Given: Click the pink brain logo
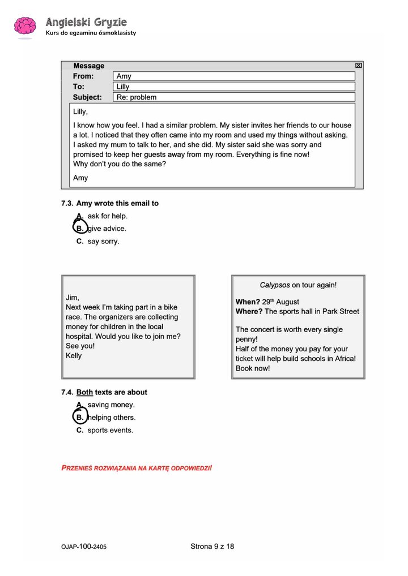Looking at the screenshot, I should click(x=25, y=27).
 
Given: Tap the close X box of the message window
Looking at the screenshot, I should click(x=358, y=66).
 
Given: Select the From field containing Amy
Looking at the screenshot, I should click(x=233, y=76).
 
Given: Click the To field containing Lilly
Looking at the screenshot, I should click(x=233, y=87).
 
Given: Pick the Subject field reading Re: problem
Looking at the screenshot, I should click(x=233, y=97).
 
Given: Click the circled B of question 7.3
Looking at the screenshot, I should click(x=80, y=229).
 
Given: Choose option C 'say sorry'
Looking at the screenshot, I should click(x=98, y=241).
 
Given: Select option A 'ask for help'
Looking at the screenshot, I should click(x=102, y=216).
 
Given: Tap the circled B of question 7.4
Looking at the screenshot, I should click(x=80, y=418).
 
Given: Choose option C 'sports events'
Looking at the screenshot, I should click(x=105, y=430).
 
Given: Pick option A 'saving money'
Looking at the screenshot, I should click(x=105, y=405).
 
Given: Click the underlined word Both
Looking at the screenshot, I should click(x=84, y=392).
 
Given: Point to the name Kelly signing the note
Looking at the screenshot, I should click(x=74, y=356).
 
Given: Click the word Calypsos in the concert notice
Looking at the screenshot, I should click(x=275, y=285).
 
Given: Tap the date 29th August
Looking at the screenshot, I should click(x=280, y=302).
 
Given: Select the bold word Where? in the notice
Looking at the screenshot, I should click(x=249, y=311).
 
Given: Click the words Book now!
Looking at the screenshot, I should click(x=253, y=368).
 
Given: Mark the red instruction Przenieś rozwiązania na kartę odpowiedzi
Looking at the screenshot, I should click(x=137, y=468).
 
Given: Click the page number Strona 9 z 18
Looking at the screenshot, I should click(x=212, y=546).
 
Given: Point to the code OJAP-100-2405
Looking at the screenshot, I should click(x=84, y=547).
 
